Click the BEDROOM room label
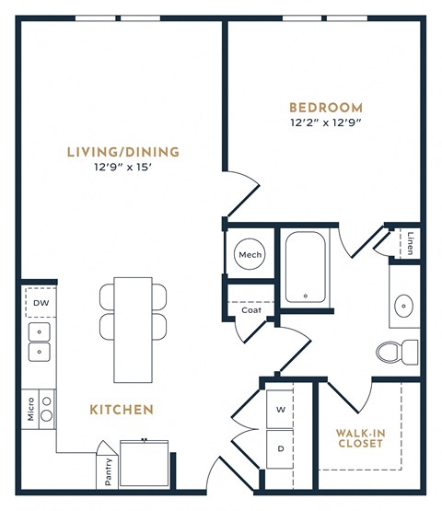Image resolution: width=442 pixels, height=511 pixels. pos(325,107)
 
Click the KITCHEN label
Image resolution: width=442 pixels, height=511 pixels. pos(122,409)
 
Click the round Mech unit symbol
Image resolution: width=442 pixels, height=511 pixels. pos(250,255)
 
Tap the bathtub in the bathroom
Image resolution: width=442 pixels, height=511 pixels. pos(304,267)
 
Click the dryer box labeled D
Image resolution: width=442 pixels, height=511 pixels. pos(280,448)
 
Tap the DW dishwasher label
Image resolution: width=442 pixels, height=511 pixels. pos(41,303)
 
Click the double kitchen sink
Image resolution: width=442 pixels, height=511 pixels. pos(40,342)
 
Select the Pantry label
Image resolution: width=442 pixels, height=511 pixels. pos(109,470)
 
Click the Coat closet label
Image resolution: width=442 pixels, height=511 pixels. pos(250,310)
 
